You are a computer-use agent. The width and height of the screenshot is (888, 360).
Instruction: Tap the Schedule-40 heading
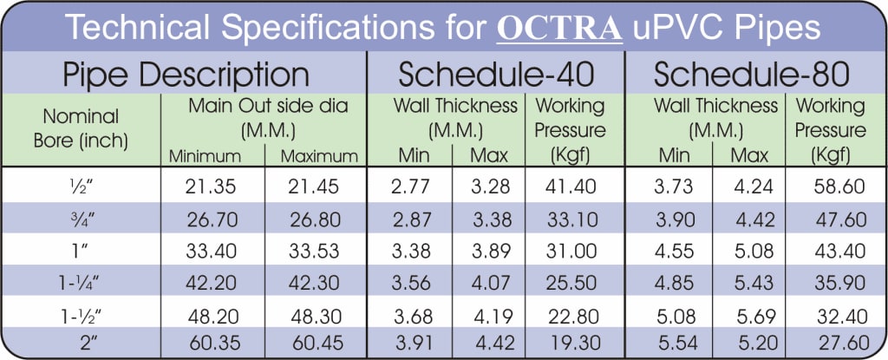coord(496,75)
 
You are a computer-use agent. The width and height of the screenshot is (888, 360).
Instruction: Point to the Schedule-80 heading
coord(751,75)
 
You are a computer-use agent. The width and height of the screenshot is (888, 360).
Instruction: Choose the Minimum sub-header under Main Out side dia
coord(205,157)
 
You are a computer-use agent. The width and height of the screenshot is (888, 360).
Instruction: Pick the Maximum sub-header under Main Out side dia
coord(318,157)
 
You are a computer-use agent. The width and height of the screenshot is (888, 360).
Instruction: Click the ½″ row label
coord(81,185)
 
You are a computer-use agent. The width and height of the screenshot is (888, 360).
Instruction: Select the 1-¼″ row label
coord(81,282)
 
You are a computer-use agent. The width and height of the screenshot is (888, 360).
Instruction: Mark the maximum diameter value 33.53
coord(317,250)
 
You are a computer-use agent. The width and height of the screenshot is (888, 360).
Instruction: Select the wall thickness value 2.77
coord(412,185)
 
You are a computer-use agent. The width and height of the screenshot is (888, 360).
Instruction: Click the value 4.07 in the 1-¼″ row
coord(490,282)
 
